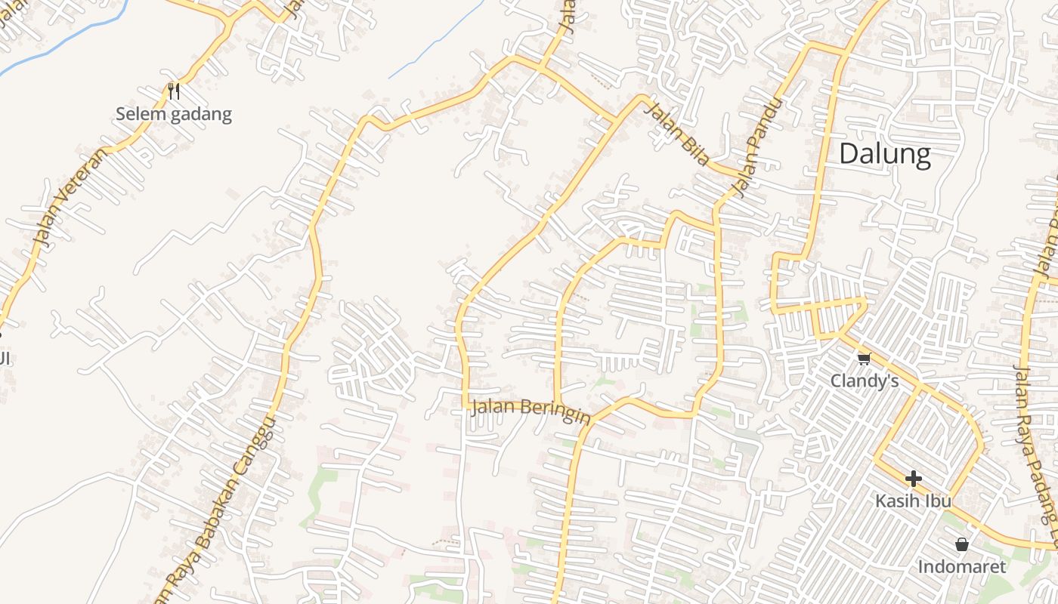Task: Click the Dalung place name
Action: click(884, 154)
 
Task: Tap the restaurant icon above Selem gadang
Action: click(174, 91)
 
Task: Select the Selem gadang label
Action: click(174, 115)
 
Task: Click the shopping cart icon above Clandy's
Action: click(864, 358)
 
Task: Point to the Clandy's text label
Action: click(865, 381)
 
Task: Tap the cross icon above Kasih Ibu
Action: click(913, 478)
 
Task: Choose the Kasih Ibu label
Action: click(913, 501)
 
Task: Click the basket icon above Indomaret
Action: click(962, 544)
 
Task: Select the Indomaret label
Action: click(962, 566)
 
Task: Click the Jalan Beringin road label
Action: click(530, 411)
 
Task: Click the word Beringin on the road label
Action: click(555, 414)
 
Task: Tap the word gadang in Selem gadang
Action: click(201, 115)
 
